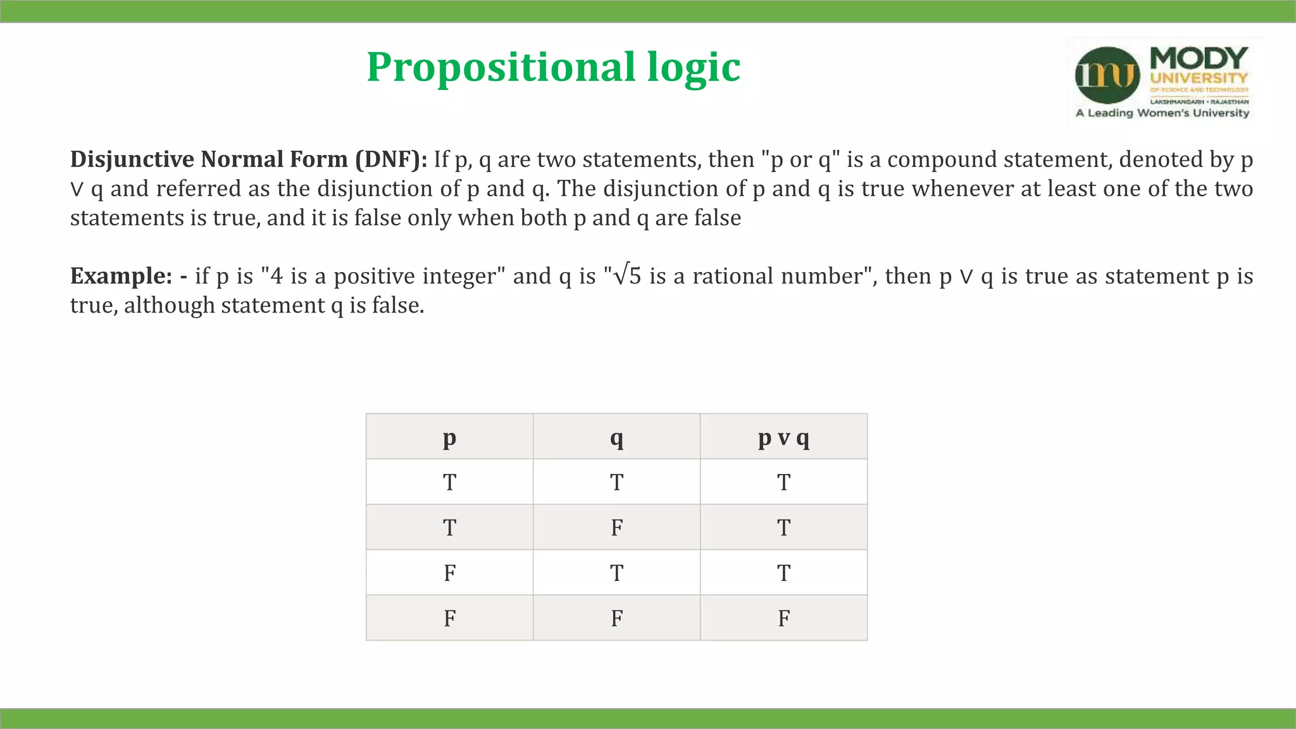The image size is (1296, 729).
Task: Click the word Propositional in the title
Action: [x=501, y=67]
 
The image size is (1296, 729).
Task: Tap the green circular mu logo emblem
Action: [x=1107, y=75]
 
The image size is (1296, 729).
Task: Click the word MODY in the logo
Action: [x=1199, y=58]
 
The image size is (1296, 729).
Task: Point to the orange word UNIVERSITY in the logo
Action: [x=1199, y=78]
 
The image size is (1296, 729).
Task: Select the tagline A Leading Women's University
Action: [x=1162, y=113]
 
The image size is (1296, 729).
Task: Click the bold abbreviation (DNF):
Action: [x=391, y=159]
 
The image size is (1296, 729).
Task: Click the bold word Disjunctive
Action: [x=132, y=159]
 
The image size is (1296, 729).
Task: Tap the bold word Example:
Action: [x=121, y=276]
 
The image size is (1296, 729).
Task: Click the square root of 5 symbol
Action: [x=628, y=276]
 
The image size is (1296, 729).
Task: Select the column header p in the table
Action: [x=449, y=437]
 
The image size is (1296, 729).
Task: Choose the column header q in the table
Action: [x=616, y=437]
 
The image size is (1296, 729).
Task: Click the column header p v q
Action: [x=783, y=437]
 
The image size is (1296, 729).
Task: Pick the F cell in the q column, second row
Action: [x=616, y=527]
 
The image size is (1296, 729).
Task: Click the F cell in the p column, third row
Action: [x=449, y=573]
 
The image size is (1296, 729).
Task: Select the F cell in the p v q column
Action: [x=783, y=618]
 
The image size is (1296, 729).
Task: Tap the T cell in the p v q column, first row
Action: [x=783, y=482]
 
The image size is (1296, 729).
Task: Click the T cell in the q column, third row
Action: [x=616, y=573]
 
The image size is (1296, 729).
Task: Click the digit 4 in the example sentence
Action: [x=276, y=276]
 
